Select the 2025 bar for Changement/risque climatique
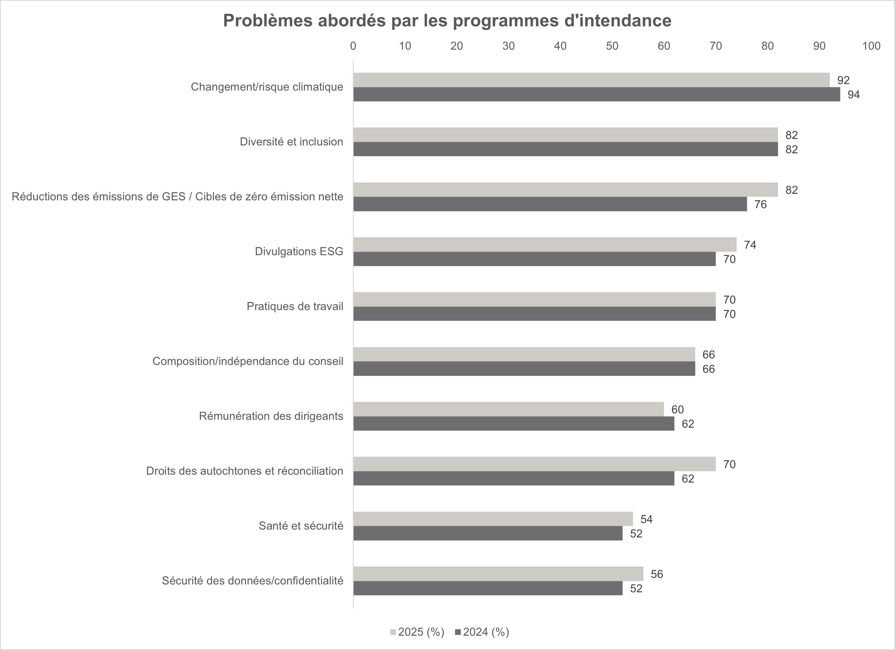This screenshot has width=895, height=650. tap(591, 80)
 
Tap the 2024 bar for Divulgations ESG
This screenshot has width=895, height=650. tap(534, 259)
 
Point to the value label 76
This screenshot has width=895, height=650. tap(760, 204)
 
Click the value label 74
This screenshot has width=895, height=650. tap(750, 245)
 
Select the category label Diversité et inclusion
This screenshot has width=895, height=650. tap(291, 142)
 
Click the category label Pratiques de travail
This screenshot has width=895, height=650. tap(295, 307)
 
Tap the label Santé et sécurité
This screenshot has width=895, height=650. tap(301, 526)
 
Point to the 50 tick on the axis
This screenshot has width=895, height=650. tap(612, 46)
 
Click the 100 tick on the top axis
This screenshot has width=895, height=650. tap(871, 46)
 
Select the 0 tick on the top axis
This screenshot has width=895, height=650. tap(353, 46)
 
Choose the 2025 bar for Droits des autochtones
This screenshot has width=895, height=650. tap(534, 464)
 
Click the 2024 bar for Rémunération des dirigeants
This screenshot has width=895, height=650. tap(514, 423)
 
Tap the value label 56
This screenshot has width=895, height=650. tap(657, 574)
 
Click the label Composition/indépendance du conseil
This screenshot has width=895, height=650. tap(248, 361)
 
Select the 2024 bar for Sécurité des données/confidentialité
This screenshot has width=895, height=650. tap(488, 588)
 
